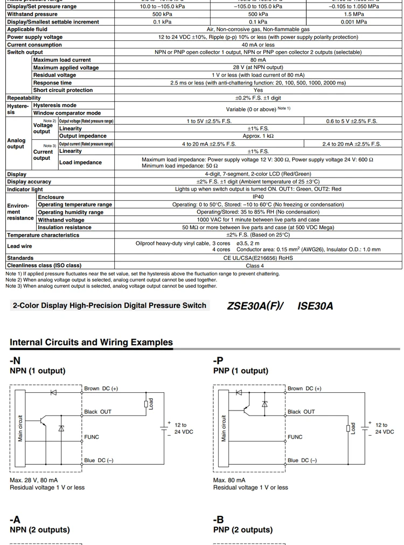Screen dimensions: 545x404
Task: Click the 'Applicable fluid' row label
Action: pyautogui.click(x=27, y=30)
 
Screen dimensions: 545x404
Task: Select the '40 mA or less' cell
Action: pyautogui.click(x=258, y=45)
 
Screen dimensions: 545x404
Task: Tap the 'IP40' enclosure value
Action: pyautogui.click(x=258, y=197)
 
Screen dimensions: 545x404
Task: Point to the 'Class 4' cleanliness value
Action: pyautogui.click(x=255, y=266)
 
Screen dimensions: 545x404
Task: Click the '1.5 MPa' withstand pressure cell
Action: pyautogui.click(x=354, y=15)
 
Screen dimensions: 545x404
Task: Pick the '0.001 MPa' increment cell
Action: pyautogui.click(x=354, y=22)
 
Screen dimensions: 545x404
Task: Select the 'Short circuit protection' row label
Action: pyautogui.click(x=62, y=90)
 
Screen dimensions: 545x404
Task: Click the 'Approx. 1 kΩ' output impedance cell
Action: pyautogui.click(x=258, y=136)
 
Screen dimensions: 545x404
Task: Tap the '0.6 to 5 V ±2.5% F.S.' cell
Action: pyautogui.click(x=352, y=121)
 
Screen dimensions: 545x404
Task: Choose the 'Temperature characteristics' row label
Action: pyautogui.click(x=43, y=235)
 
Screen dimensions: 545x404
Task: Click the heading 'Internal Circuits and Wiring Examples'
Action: pyautogui.click(x=92, y=342)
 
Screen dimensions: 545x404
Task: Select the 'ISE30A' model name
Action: pyautogui.click(x=315, y=306)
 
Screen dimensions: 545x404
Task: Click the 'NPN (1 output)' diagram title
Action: pyautogui.click(x=38, y=371)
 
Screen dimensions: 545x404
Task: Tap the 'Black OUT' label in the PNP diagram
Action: pyautogui.click(x=301, y=412)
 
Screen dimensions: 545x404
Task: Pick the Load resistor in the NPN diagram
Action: pyautogui.click(x=146, y=404)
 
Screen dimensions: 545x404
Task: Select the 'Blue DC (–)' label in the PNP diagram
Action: pyautogui.click(x=302, y=461)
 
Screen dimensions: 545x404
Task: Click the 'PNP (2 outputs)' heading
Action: pyautogui.click(x=241, y=530)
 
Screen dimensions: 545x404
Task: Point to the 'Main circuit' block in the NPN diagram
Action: pyautogui.click(x=21, y=428)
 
